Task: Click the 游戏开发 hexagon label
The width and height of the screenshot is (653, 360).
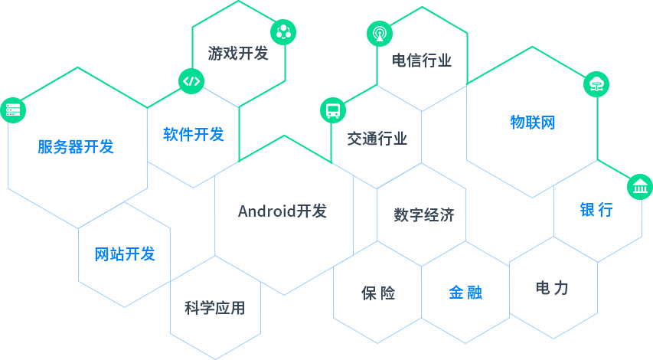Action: click(238, 54)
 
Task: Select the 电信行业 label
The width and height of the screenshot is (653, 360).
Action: click(421, 61)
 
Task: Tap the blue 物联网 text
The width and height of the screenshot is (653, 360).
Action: click(532, 122)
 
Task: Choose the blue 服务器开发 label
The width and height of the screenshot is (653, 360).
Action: click(75, 147)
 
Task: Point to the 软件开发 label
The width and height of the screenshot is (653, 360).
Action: click(193, 135)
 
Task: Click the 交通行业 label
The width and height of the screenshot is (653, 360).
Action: click(377, 139)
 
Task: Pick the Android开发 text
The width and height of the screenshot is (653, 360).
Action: click(282, 211)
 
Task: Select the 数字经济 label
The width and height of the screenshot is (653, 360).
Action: click(424, 214)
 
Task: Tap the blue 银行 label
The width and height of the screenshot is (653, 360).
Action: click(596, 210)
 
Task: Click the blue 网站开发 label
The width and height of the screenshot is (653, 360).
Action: click(124, 254)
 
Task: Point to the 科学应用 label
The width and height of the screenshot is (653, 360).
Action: click(214, 308)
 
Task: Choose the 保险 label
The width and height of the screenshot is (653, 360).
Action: click(378, 293)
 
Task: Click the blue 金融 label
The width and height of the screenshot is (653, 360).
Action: click(465, 293)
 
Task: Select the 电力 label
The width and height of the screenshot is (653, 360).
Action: click(553, 289)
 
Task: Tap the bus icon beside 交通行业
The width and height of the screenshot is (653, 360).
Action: click(333, 110)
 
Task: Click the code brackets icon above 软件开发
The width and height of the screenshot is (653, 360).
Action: click(191, 81)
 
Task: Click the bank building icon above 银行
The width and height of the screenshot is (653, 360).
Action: click(640, 187)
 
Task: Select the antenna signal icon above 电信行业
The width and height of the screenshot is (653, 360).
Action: click(379, 34)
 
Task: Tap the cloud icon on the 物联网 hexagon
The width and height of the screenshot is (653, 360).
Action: click(595, 85)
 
